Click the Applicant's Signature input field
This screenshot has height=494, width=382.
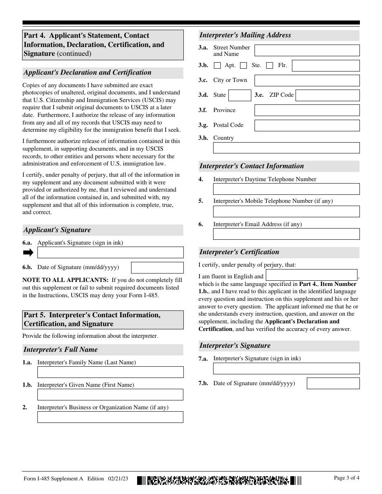pyautogui.click(x=110, y=252)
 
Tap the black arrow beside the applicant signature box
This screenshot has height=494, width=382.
pyautogui.click(x=28, y=252)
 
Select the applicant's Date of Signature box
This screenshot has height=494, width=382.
pyautogui.click(x=157, y=267)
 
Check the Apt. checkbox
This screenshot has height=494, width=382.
pyautogui.click(x=217, y=65)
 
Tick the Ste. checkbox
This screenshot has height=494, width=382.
pyautogui.click(x=243, y=65)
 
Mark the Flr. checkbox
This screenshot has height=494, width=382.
pyautogui.click(x=270, y=65)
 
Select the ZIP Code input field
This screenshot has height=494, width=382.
pyautogui.click(x=327, y=95)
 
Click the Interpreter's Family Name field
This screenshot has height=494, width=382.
pyautogui.click(x=110, y=372)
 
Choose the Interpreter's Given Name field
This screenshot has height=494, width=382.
pyautogui.click(x=110, y=394)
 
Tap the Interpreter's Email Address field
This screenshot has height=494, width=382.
pyautogui.click(x=286, y=234)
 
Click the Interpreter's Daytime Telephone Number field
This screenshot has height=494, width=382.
pyautogui.click(x=286, y=189)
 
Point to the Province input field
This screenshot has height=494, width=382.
pyautogui.click(x=307, y=110)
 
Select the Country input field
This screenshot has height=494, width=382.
pyautogui.click(x=286, y=148)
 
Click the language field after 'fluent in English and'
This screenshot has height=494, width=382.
pyautogui.click(x=312, y=275)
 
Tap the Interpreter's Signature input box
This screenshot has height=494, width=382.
pyautogui.click(x=286, y=368)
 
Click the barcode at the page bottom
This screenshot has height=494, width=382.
pyautogui.click(x=219, y=480)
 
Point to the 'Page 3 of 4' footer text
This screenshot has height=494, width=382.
pyautogui.click(x=347, y=478)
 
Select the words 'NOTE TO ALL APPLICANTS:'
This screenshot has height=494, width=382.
pyautogui.click(x=65, y=280)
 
